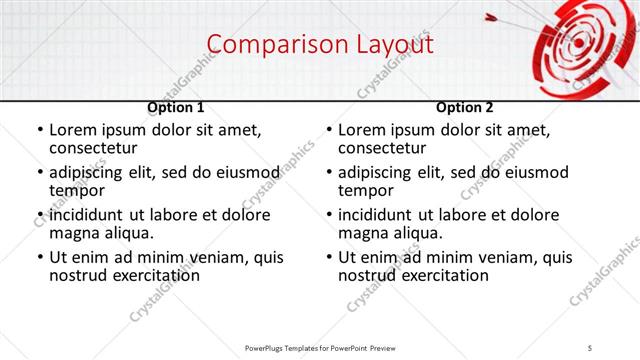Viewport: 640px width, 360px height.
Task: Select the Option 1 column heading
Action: coord(176,107)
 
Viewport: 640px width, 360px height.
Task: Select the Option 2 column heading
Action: coord(465,107)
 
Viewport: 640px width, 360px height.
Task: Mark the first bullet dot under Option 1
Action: coord(39,131)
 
